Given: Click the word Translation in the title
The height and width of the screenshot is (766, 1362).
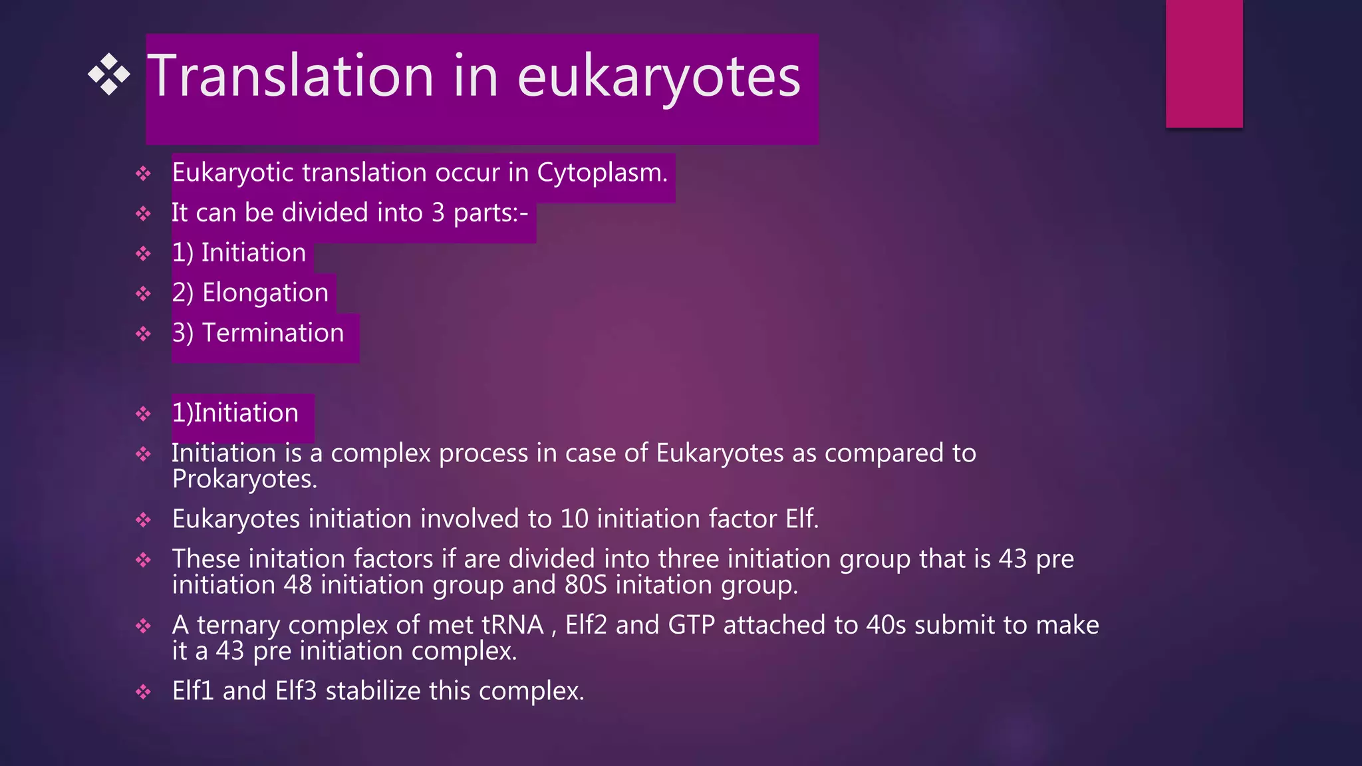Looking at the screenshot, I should (x=290, y=76).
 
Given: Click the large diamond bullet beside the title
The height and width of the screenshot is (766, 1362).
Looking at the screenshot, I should (x=109, y=74).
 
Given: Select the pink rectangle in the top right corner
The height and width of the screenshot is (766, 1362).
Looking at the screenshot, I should (x=1204, y=63).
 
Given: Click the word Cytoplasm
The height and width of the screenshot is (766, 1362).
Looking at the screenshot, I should (x=601, y=173).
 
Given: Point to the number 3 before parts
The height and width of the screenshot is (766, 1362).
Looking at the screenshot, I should (x=438, y=213).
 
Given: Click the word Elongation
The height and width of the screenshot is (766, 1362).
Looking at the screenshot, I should (x=265, y=293).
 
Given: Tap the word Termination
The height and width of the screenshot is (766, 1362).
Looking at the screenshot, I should (x=273, y=333).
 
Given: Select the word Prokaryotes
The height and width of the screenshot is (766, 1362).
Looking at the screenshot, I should (x=244, y=479).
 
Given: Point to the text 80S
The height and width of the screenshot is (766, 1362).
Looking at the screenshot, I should (x=586, y=585).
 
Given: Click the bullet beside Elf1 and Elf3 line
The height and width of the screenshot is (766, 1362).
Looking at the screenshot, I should (x=144, y=692).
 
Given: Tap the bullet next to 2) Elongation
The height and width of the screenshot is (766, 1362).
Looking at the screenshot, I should (x=144, y=294).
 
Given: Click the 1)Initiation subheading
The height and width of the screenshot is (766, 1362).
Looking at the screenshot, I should (x=235, y=414).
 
